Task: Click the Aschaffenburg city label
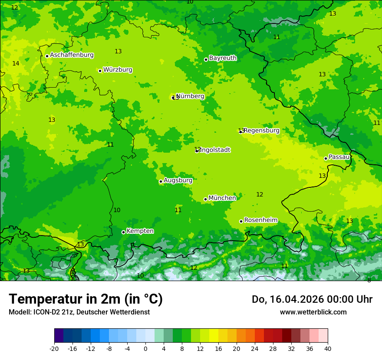(x=72, y=55)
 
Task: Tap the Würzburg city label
(x=118, y=70)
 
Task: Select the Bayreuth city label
(x=223, y=58)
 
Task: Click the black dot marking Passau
(x=326, y=158)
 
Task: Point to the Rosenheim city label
(x=260, y=220)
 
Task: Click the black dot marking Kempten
(x=123, y=232)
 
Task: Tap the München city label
(x=222, y=198)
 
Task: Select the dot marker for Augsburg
(x=161, y=181)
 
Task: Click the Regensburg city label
(x=261, y=131)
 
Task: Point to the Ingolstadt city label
(x=215, y=150)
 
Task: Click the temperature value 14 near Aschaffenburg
(x=16, y=64)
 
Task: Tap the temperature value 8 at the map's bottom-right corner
(x=369, y=280)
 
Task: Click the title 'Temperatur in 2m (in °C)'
(x=86, y=299)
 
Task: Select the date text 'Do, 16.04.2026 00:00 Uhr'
(x=312, y=299)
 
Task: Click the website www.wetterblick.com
(x=313, y=312)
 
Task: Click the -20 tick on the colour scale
(x=54, y=348)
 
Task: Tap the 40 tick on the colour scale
(x=327, y=348)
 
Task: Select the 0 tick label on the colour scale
(x=145, y=348)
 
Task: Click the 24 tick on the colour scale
(x=254, y=348)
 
